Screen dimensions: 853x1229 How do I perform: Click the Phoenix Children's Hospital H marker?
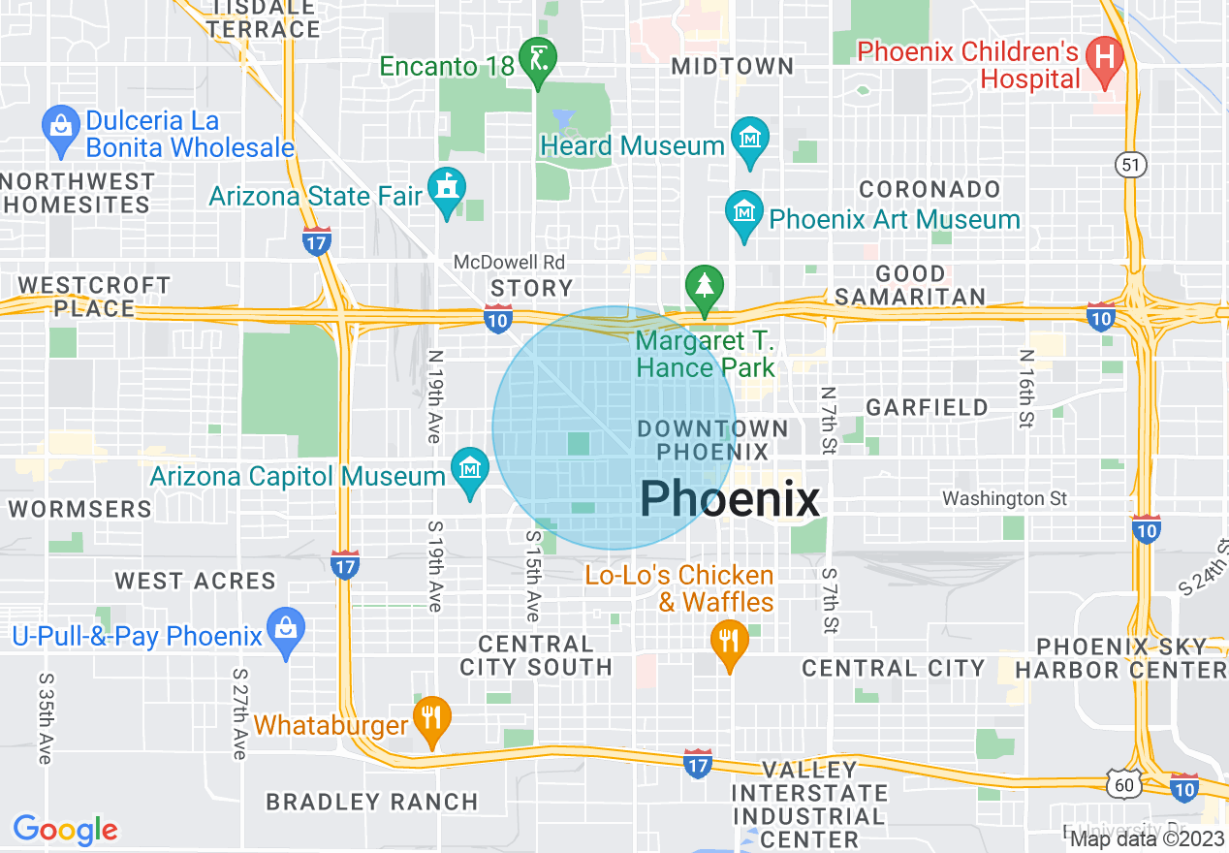(1103, 54)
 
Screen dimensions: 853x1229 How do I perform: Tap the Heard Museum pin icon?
(749, 140)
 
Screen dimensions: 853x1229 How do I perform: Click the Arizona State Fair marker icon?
(447, 189)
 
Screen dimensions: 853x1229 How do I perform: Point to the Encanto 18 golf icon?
(535, 60)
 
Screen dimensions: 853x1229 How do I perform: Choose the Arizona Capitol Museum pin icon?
(470, 470)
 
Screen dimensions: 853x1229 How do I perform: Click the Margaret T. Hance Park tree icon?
(706, 286)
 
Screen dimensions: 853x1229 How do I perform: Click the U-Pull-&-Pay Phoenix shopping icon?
(285, 630)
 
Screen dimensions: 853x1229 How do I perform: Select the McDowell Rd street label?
(509, 263)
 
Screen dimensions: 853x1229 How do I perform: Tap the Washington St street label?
(1004, 498)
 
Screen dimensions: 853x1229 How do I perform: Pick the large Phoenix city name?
(730, 500)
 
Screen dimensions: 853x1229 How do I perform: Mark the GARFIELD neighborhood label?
(927, 407)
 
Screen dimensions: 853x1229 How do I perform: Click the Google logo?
(65, 830)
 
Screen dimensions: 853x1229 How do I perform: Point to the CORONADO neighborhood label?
(930, 189)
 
